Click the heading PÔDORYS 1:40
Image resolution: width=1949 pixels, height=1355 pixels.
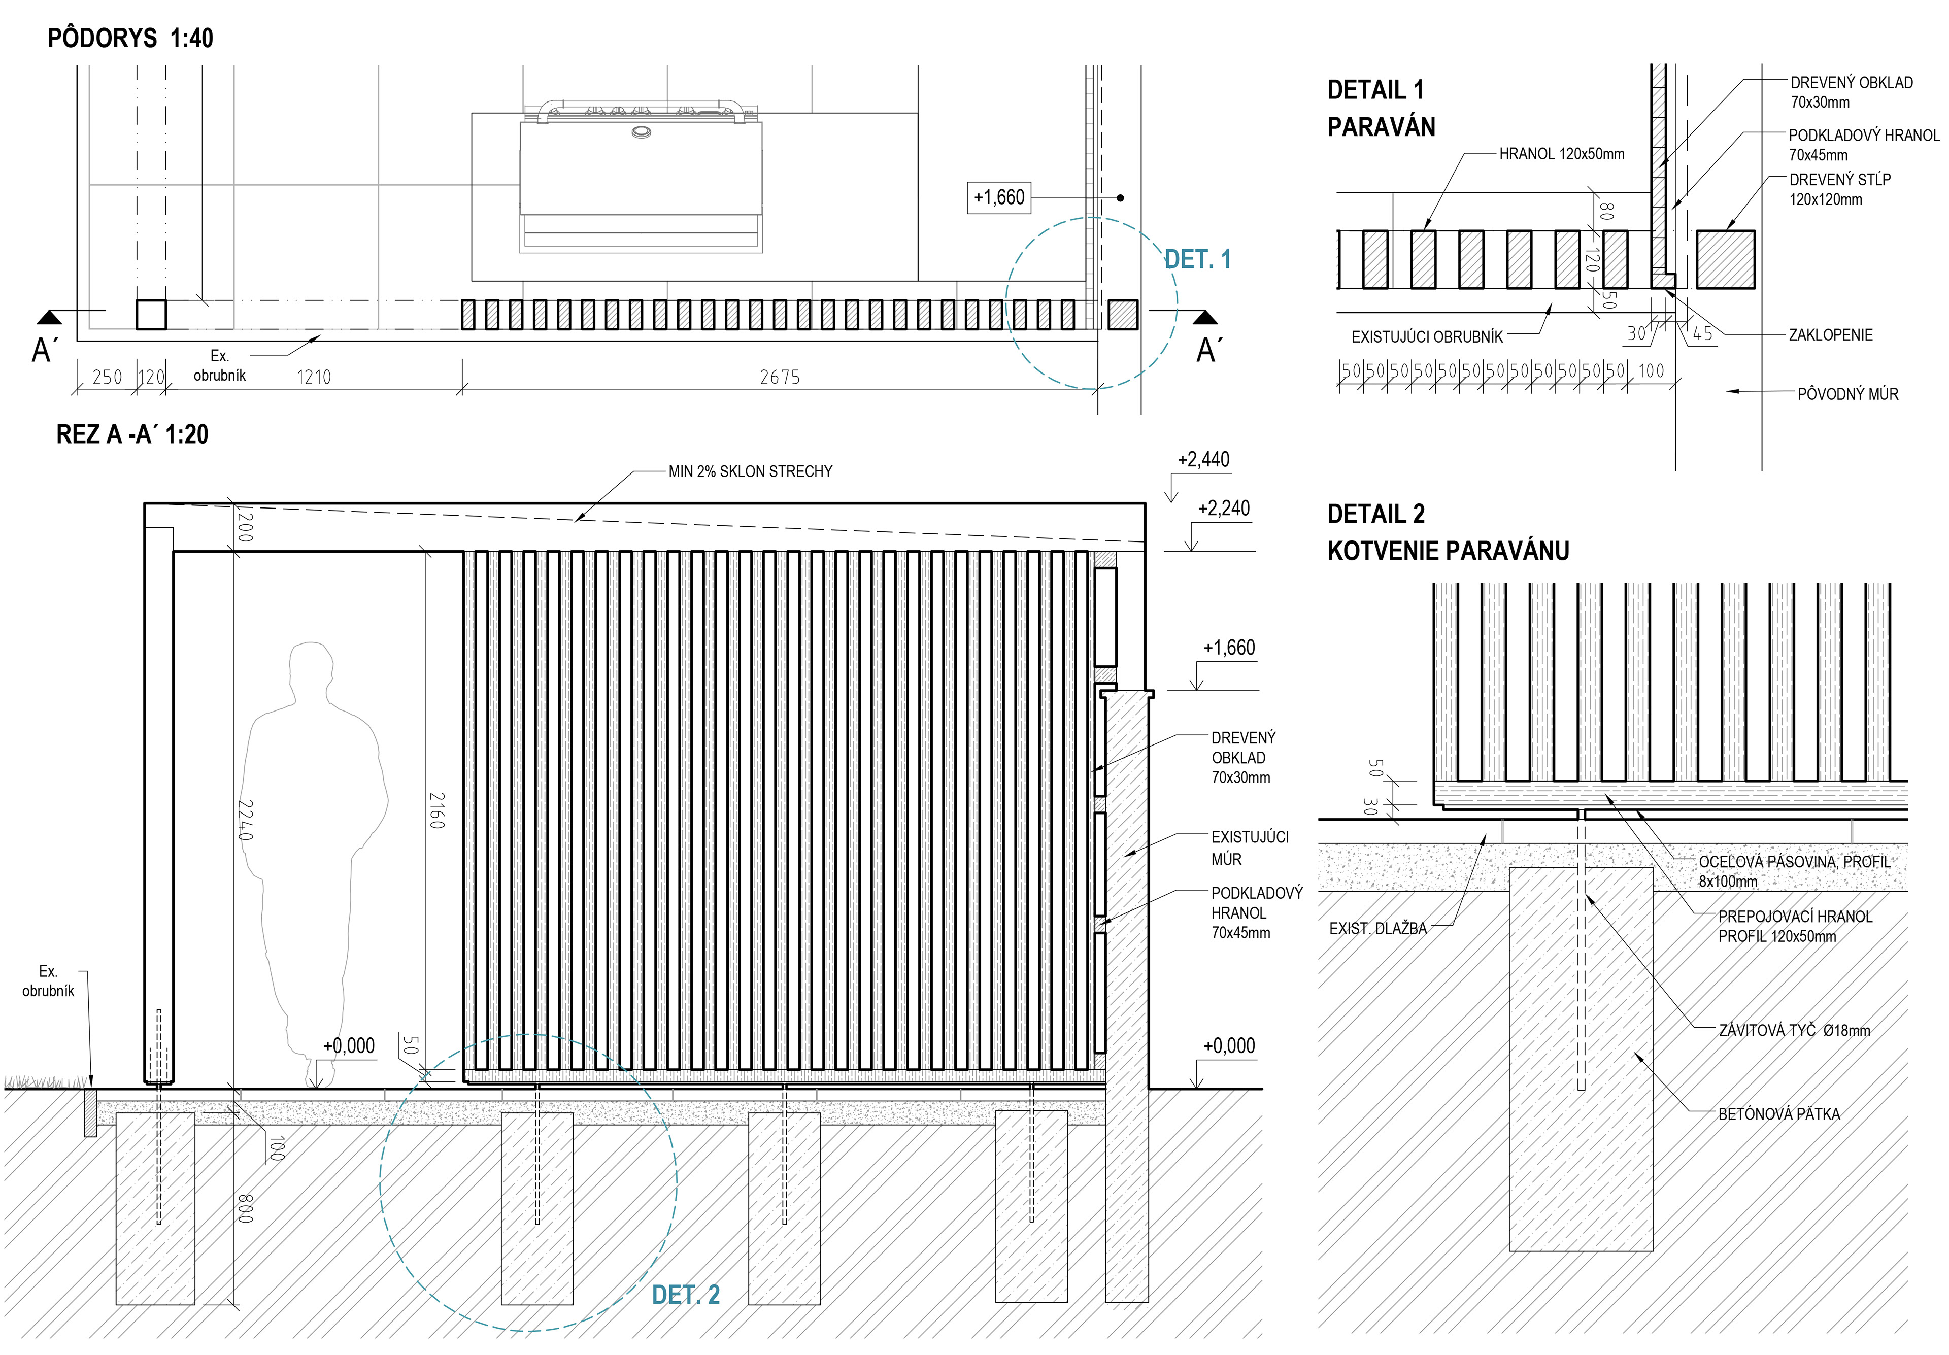coord(130,38)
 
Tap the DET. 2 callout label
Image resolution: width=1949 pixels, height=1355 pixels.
coord(685,1295)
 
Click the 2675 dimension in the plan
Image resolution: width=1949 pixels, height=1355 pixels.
coord(779,377)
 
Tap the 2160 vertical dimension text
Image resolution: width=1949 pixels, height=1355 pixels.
coord(436,811)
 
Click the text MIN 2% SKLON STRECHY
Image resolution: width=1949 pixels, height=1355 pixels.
coord(750,471)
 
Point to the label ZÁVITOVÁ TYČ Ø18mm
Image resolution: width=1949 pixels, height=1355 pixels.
coord(1794,1031)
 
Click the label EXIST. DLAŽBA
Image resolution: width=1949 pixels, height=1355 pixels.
coord(1377,929)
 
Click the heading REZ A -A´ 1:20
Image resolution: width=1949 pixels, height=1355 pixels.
coord(132,435)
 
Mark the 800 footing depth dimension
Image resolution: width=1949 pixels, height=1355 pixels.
coord(245,1209)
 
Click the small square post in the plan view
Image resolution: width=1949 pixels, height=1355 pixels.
coord(151,314)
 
